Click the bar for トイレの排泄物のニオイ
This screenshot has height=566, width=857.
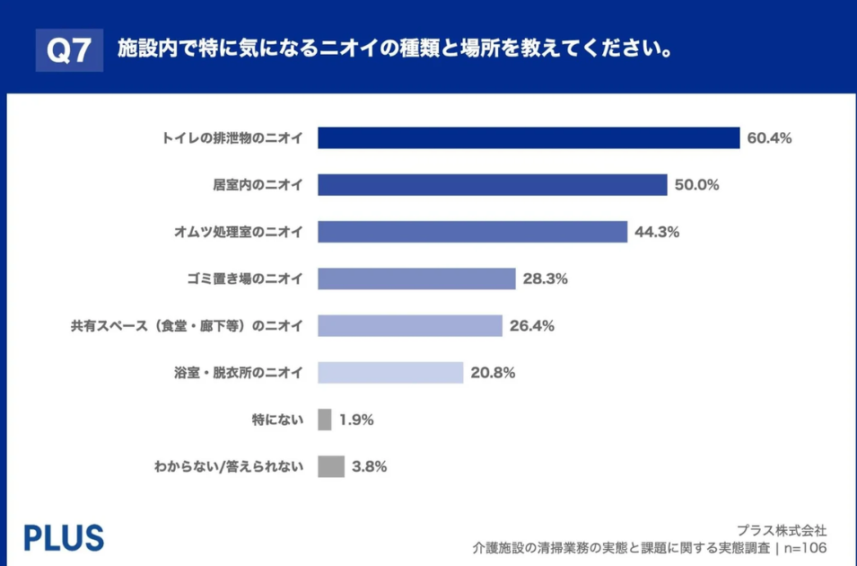tap(529, 138)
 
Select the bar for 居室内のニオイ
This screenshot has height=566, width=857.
tap(493, 185)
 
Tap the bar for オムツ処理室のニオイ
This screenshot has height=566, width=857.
tap(473, 232)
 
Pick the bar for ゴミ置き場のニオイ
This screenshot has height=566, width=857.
tap(417, 279)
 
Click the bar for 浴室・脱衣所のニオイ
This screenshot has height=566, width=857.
tap(390, 372)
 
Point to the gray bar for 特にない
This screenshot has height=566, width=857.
tap(325, 420)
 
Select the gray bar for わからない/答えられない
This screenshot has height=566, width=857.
tap(331, 466)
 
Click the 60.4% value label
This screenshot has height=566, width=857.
tap(769, 138)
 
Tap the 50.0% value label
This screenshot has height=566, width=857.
tap(697, 185)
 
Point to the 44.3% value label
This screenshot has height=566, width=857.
tap(657, 232)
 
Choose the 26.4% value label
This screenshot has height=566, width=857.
tap(532, 325)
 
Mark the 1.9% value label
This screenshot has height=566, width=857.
tap(356, 420)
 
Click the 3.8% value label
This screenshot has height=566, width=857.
tap(370, 466)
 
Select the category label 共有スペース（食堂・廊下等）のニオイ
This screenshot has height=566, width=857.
tap(187, 325)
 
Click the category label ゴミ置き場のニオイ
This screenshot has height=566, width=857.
tap(239, 279)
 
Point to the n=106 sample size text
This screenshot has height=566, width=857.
tap(804, 547)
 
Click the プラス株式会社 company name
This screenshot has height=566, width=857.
tap(782, 530)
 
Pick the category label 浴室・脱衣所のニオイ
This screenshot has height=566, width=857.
tap(239, 372)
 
